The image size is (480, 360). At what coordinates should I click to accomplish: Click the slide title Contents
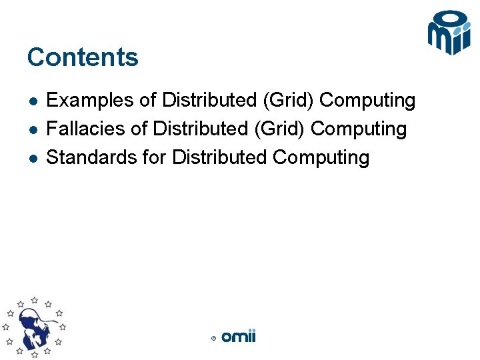pos(83,57)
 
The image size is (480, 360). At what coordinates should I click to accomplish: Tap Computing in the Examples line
pos(367,101)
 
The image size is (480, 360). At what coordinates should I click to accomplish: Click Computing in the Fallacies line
pos(359,129)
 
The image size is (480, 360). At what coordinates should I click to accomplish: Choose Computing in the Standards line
pos(321,158)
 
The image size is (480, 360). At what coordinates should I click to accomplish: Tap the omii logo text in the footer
pos(239,337)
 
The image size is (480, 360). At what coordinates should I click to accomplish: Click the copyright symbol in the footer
pos(213,338)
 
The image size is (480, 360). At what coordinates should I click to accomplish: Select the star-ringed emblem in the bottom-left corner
pos(35,327)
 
